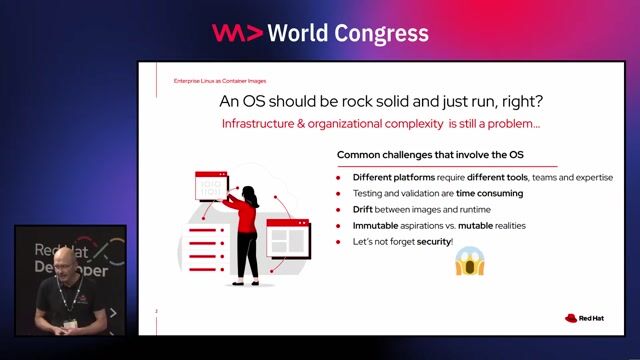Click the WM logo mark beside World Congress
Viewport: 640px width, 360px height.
237,33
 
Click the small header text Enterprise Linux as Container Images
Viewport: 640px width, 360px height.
220,80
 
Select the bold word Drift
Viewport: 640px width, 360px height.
362,210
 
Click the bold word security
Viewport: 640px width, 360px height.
434,242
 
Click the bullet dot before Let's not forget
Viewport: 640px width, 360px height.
340,242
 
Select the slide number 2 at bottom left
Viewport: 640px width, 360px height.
156,312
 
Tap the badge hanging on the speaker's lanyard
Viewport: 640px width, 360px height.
70,324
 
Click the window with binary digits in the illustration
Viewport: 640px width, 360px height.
211,188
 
